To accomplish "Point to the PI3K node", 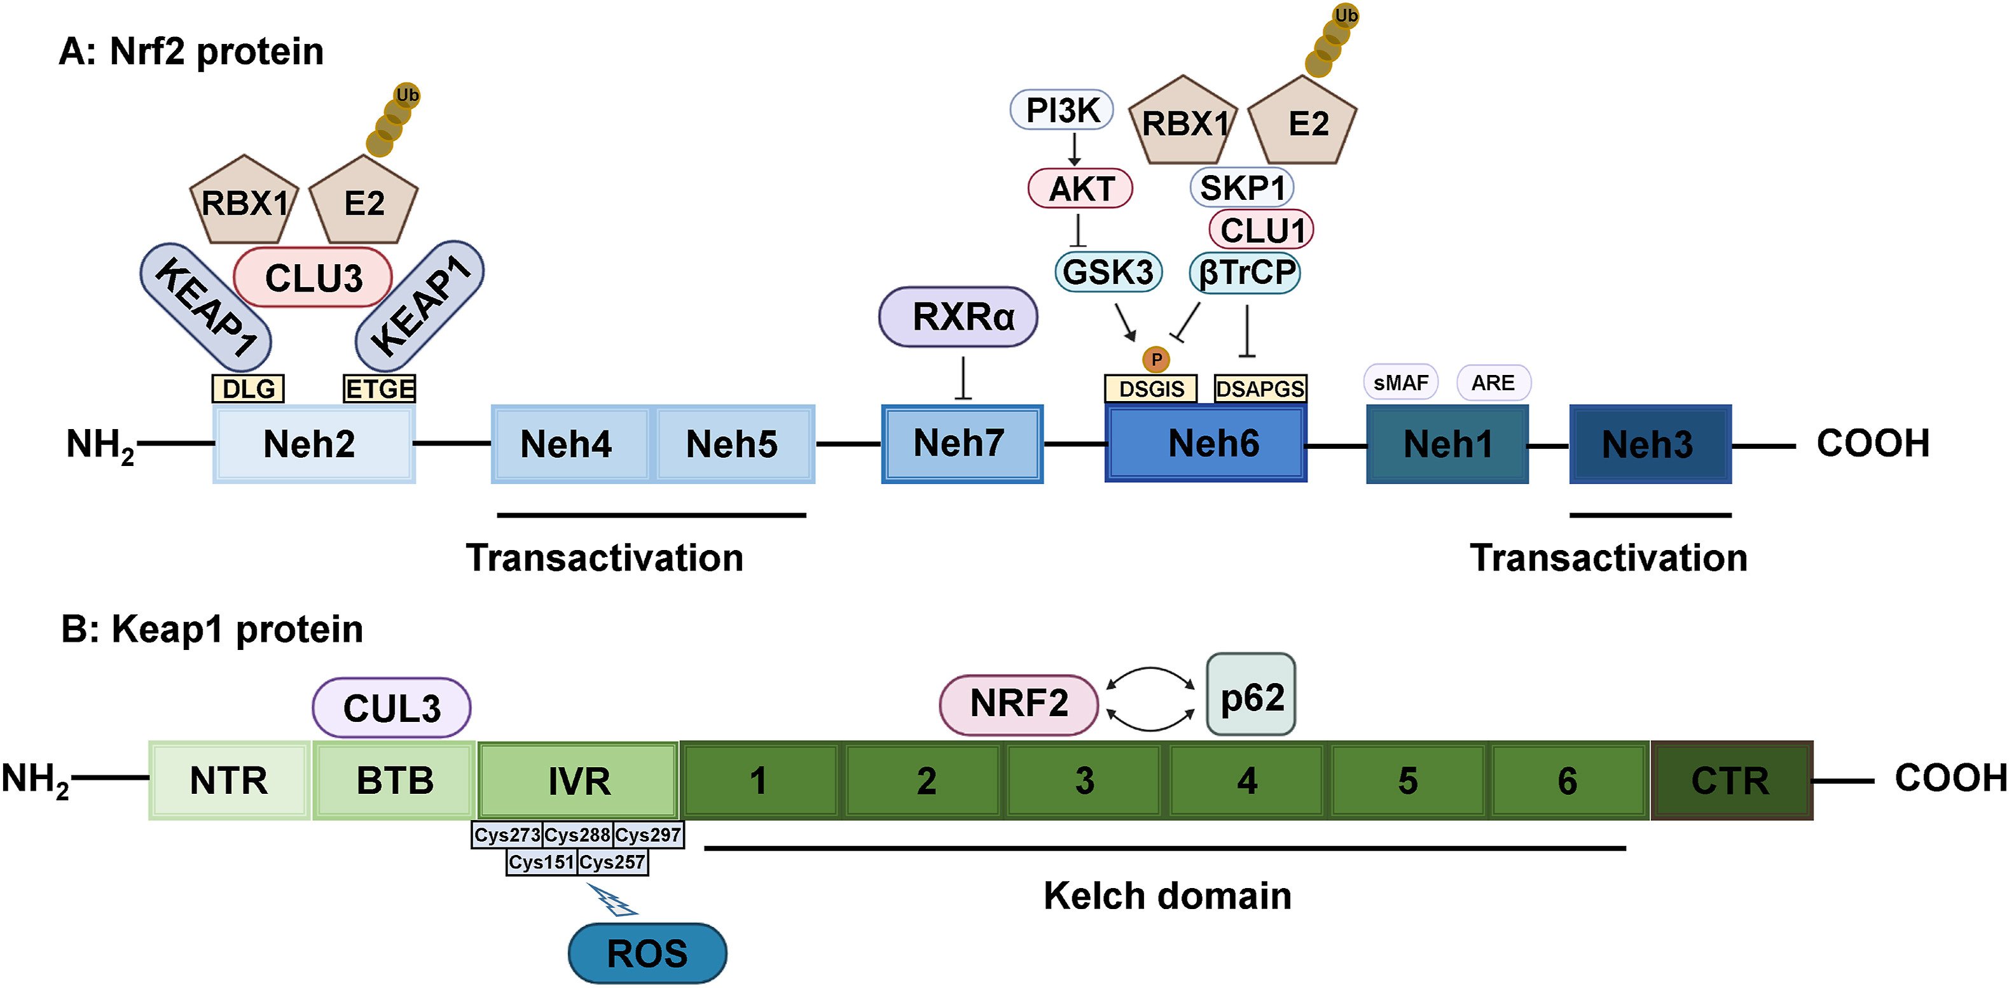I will (1061, 110).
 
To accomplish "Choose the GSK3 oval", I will (1107, 272).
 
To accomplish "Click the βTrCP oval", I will (1245, 272).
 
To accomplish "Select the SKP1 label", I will (1241, 188).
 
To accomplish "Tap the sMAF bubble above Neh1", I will (1400, 383).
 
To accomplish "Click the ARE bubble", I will (1493, 383).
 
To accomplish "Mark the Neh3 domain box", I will (1650, 444).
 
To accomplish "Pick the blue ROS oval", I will (647, 953).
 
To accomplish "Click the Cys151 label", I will (542, 863).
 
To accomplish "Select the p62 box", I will (1251, 695).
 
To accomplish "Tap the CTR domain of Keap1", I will (1731, 780).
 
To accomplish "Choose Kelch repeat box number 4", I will (1247, 780).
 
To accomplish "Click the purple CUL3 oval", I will (392, 708).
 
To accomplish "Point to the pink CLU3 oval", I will (313, 278).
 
